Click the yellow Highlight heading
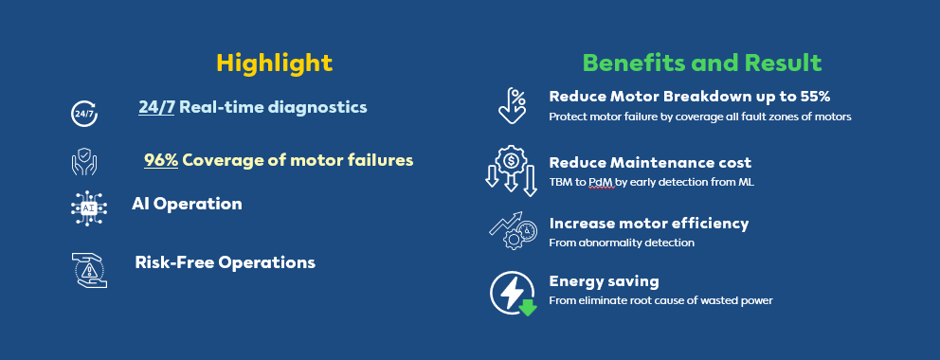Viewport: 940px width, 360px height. pos(275,63)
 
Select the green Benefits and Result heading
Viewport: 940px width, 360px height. pos(702,63)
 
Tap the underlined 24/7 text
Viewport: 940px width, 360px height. pos(156,107)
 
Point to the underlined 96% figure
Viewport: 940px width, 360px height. pos(161,160)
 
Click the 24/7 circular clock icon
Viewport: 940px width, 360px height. pos(84,114)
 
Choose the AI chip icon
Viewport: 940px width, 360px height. pos(89,207)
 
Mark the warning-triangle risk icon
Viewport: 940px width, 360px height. pos(89,270)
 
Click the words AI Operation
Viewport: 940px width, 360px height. pos(187,204)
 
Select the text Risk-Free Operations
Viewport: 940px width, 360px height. pos(226,262)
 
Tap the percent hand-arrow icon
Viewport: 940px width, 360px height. pos(512,105)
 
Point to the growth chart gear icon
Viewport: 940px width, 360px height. pos(513,230)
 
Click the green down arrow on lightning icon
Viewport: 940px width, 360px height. pos(528,307)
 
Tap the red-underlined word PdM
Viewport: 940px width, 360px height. pos(602,183)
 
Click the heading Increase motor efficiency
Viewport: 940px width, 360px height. pos(649,224)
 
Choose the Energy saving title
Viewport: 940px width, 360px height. pos(605,281)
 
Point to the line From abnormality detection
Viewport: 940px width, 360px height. pos(622,243)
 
